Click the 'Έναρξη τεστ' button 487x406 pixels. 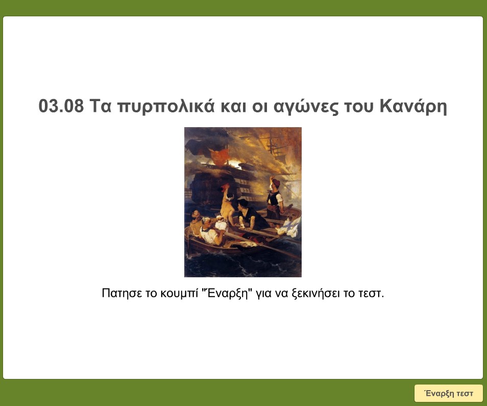(x=448, y=393)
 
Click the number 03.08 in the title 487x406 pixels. (x=61, y=107)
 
